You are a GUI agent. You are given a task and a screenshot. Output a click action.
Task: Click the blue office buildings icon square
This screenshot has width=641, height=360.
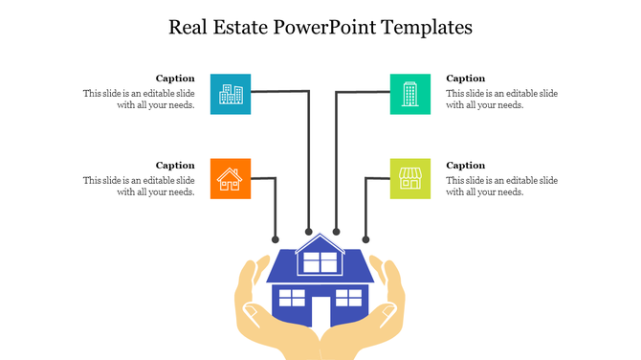231,93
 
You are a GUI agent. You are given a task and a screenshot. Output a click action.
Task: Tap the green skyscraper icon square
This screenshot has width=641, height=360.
410,93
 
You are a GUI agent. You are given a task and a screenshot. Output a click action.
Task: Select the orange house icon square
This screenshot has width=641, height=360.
230,178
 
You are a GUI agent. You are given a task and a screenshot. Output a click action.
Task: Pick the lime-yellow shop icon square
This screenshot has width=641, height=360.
410,178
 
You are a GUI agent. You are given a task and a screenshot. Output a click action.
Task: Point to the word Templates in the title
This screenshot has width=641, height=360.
427,27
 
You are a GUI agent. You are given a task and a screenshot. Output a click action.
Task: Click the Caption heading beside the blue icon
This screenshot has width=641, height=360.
175,79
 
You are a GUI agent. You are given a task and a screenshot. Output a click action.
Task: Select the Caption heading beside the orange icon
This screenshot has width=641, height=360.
175,165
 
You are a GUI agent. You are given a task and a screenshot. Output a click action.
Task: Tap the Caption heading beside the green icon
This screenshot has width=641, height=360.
466,79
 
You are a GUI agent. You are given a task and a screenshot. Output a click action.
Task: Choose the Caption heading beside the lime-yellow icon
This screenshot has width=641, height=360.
466,165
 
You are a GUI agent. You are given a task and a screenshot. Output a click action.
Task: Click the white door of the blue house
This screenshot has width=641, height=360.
320,312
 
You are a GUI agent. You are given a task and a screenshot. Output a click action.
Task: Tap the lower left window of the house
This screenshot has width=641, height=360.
292,298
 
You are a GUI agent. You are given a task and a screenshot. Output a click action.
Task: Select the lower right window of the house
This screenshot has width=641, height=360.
349,298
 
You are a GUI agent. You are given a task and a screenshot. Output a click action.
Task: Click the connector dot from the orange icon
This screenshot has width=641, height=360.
276,239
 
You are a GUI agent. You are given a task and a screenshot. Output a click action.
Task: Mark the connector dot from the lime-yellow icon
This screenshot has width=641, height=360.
365,239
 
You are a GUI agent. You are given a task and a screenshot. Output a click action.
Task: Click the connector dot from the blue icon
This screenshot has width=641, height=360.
308,231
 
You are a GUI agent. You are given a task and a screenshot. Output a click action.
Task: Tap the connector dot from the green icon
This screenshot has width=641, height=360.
336,231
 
